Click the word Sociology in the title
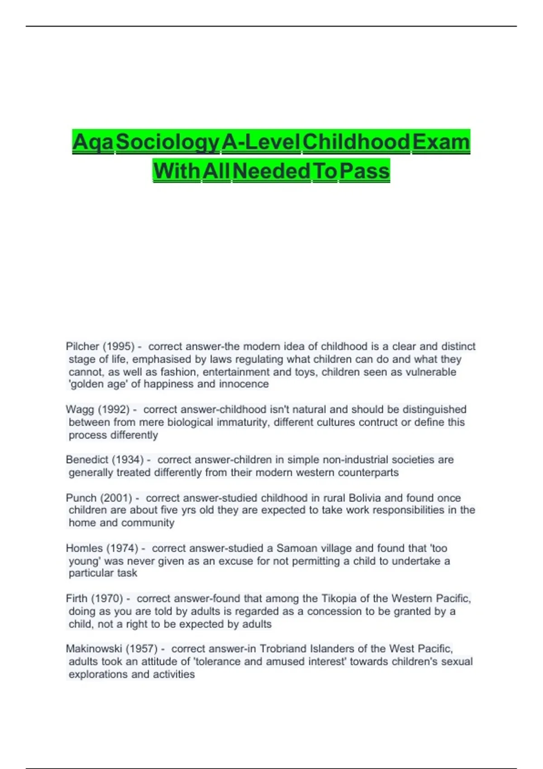tap(167, 142)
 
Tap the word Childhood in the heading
tap(356, 142)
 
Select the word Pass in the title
tap(364, 171)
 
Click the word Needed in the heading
tap(271, 171)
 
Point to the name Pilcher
tap(82, 347)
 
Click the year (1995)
tap(119, 347)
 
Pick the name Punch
tap(81, 498)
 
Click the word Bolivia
tap(365, 498)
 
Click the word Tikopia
tap(339, 598)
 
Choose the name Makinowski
tap(94, 649)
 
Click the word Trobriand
tap(283, 649)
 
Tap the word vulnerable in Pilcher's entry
tap(431, 372)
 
